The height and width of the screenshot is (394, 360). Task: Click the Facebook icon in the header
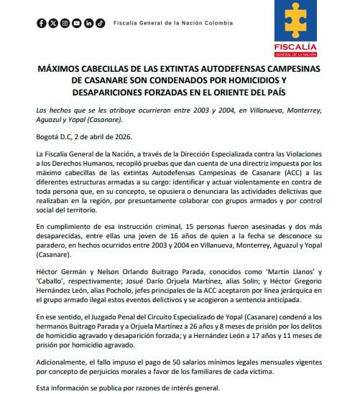click(x=42, y=24)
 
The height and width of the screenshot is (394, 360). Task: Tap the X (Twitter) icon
click(x=53, y=24)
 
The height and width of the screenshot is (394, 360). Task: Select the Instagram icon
click(x=65, y=24)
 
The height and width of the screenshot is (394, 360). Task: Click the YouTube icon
click(x=77, y=24)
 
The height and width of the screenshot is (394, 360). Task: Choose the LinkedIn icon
click(x=88, y=24)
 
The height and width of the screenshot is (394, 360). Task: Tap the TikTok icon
click(x=100, y=24)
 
